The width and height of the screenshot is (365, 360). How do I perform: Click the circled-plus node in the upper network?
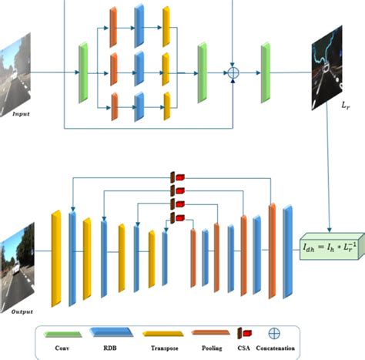pos(233,73)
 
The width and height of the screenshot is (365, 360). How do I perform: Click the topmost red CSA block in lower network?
pos(178,177)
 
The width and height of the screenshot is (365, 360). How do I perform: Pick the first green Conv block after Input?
pos(83,72)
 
